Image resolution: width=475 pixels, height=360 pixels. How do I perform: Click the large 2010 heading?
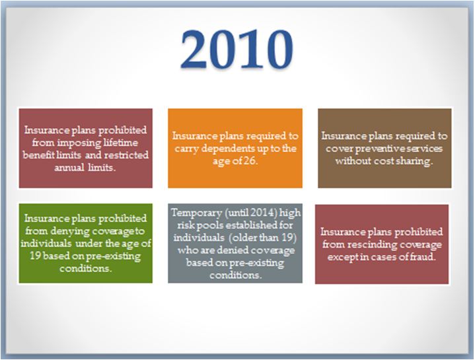point(237,49)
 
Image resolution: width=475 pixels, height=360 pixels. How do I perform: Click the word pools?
point(211,225)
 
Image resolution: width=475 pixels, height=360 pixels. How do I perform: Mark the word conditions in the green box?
point(85,269)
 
